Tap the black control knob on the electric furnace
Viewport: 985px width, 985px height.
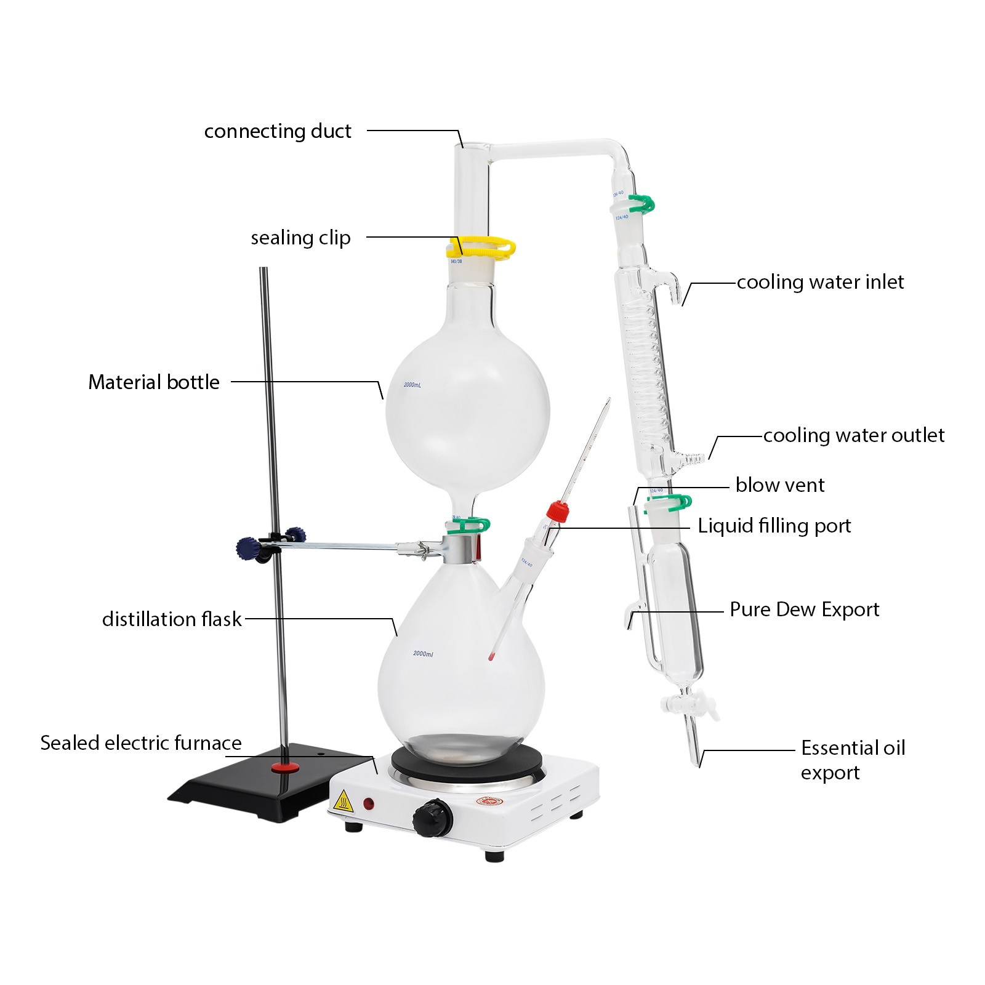click(x=433, y=819)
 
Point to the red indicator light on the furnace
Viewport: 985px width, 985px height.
click(x=369, y=803)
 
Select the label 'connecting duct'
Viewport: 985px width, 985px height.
click(x=278, y=131)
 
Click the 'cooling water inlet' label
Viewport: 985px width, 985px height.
click(x=820, y=282)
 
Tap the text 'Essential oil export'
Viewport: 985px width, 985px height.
click(x=852, y=760)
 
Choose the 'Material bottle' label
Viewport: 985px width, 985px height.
click(x=154, y=382)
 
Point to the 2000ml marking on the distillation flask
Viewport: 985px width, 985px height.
click(x=423, y=654)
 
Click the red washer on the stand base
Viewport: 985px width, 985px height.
click(x=286, y=767)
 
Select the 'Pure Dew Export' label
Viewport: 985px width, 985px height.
click(x=804, y=609)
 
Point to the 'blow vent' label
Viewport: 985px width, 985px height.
click(x=779, y=485)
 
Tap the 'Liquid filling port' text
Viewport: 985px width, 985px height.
click(x=774, y=526)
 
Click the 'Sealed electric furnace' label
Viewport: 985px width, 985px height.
click(x=141, y=743)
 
